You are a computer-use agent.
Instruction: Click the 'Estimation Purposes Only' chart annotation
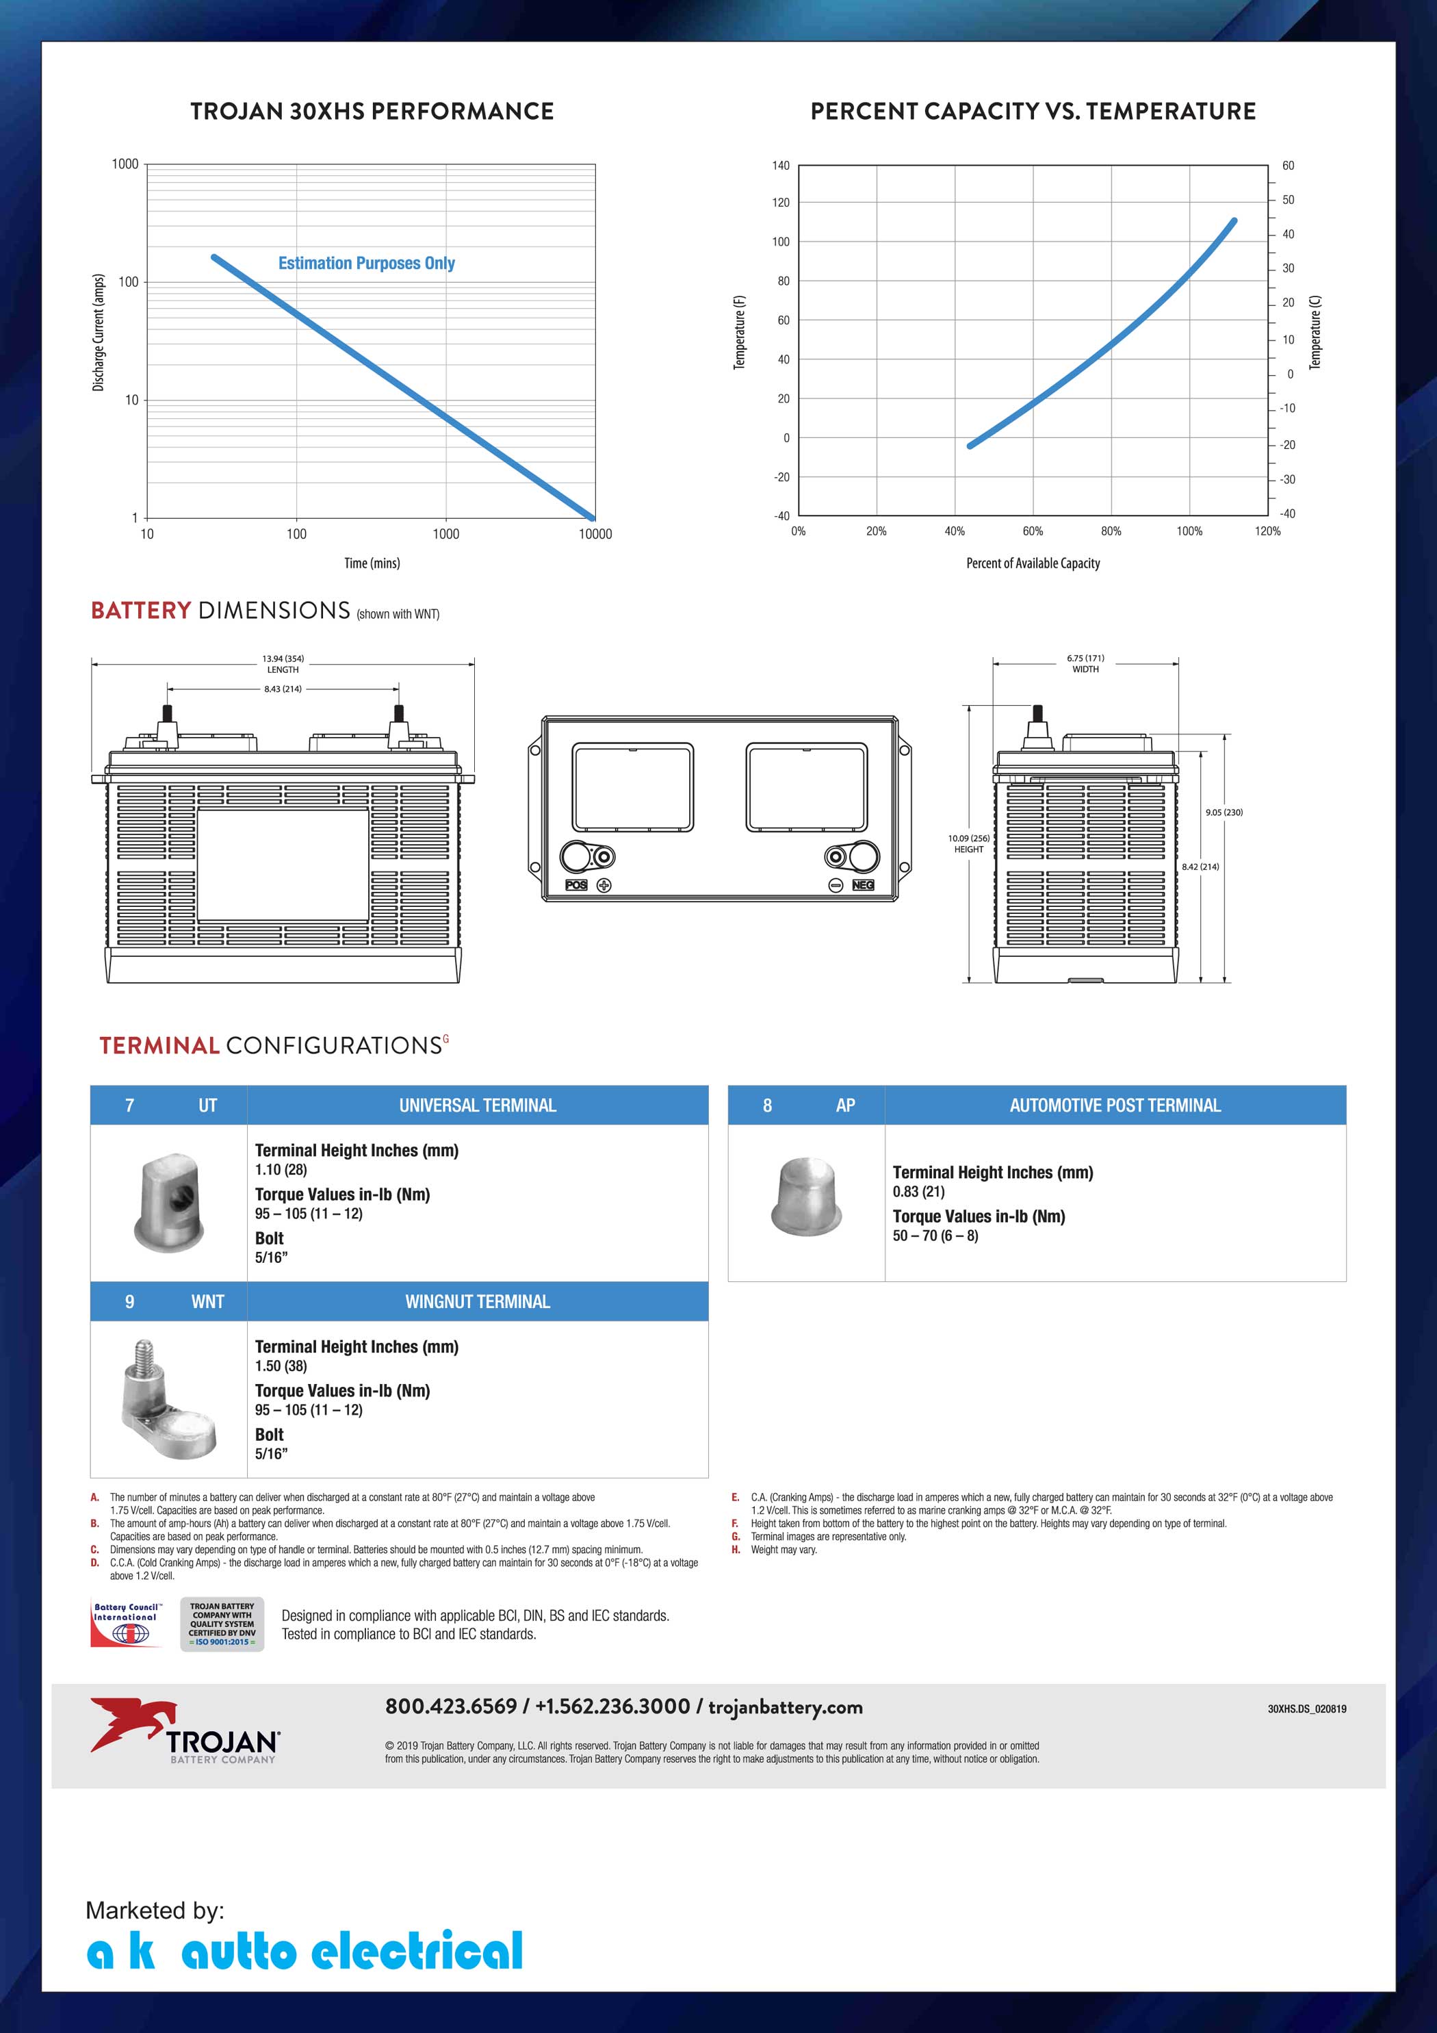[x=367, y=263]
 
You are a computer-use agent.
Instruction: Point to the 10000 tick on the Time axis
[x=595, y=534]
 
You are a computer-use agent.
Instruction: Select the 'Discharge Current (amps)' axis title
[x=99, y=332]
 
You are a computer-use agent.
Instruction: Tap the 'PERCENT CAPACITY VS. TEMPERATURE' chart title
[x=1033, y=112]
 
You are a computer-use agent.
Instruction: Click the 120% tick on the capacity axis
[x=1267, y=531]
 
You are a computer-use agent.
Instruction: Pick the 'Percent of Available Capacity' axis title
[x=1033, y=563]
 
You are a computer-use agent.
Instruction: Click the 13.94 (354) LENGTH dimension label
[x=283, y=664]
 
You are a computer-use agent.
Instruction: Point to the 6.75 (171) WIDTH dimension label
[x=1085, y=664]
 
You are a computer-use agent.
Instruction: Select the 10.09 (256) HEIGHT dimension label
[x=969, y=843]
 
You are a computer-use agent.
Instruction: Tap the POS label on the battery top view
[x=576, y=884]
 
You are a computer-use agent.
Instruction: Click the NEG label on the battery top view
[x=862, y=884]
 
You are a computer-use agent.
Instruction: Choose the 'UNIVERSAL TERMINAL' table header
[x=477, y=1105]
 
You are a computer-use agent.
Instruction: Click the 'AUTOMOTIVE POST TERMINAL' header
[x=1115, y=1105]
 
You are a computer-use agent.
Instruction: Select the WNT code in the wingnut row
[x=207, y=1302]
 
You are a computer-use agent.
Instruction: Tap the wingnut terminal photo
[x=168, y=1399]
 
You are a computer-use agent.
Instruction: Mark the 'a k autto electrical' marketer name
[x=305, y=1952]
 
